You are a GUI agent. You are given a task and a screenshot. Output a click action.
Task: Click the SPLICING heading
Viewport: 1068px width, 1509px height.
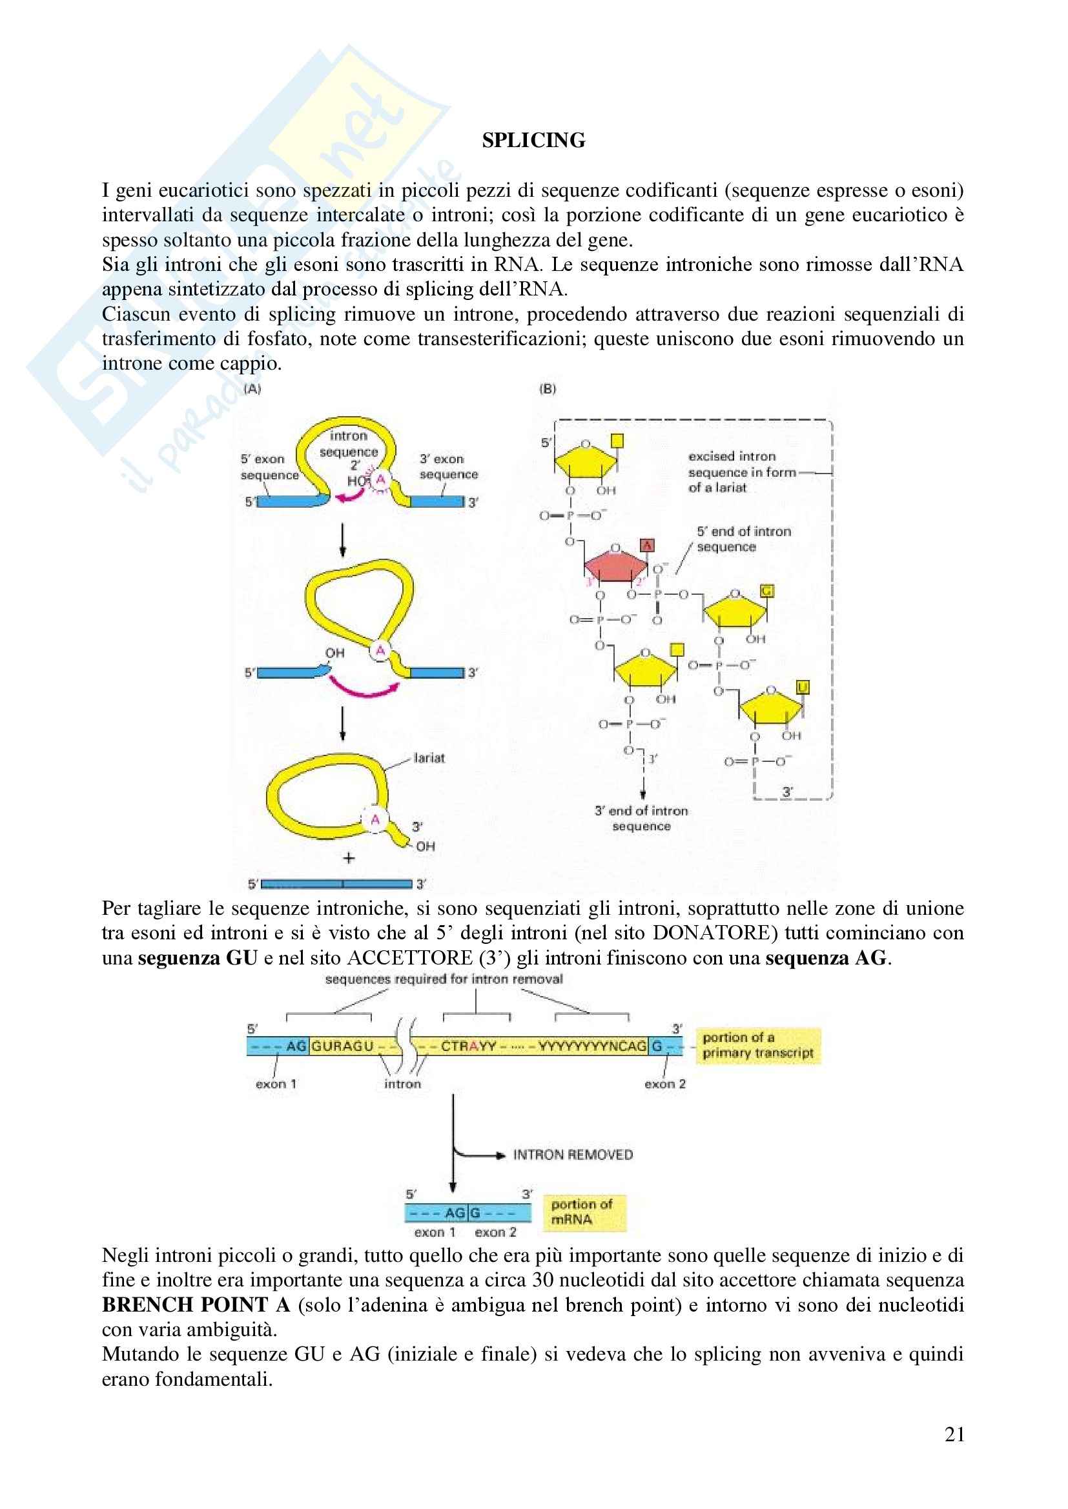pyautogui.click(x=533, y=141)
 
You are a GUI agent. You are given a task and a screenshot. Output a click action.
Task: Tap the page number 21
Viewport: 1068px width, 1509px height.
pyautogui.click(x=954, y=1434)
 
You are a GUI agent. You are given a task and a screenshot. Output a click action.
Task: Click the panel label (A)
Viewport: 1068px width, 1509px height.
pyautogui.click(x=252, y=389)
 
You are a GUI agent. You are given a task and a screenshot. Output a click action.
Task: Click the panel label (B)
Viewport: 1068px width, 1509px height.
pyautogui.click(x=547, y=389)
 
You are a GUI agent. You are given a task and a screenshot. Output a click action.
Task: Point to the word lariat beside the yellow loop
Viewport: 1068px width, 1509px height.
pyautogui.click(x=429, y=758)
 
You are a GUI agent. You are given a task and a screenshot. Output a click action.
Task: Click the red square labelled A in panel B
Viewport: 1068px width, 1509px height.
pyautogui.click(x=647, y=545)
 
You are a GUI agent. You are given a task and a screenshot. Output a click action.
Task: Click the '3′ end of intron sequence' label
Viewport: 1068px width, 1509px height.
pyautogui.click(x=641, y=818)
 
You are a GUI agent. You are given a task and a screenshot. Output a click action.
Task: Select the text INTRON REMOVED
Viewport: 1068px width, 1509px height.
pyautogui.click(x=573, y=1155)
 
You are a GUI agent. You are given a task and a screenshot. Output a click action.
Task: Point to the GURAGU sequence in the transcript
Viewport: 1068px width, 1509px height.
pyautogui.click(x=342, y=1046)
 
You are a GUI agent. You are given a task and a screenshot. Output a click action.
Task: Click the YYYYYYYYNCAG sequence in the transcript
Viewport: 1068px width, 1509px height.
pyautogui.click(x=592, y=1046)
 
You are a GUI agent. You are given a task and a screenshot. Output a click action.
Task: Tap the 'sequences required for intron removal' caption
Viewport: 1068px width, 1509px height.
pyautogui.click(x=444, y=979)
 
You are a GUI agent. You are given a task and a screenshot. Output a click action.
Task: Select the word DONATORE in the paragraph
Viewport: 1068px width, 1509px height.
pyautogui.click(x=712, y=933)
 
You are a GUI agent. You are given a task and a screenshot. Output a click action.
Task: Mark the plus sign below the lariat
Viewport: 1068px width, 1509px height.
pyautogui.click(x=349, y=858)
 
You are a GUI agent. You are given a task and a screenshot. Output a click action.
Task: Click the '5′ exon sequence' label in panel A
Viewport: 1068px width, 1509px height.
pyautogui.click(x=269, y=466)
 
